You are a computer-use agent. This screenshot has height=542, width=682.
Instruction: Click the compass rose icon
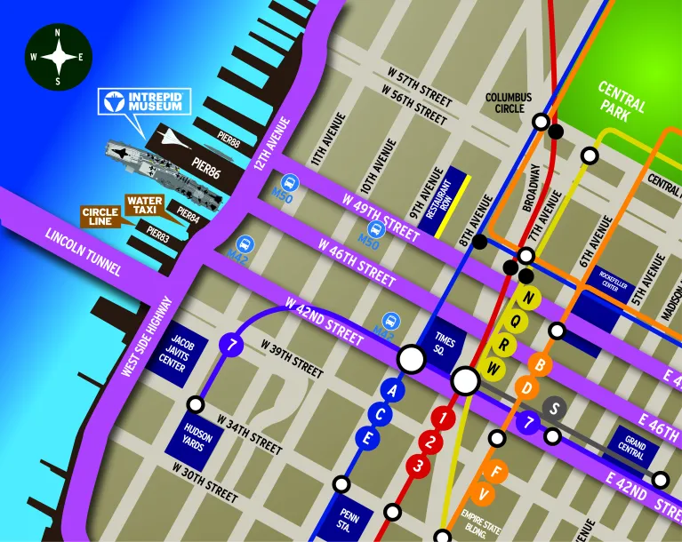(58, 58)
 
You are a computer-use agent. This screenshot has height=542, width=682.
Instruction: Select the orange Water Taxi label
(143, 205)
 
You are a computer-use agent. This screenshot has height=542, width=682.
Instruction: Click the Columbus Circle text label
(508, 102)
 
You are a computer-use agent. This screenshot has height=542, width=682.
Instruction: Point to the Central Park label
(621, 103)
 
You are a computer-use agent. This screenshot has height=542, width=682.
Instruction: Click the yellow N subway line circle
(530, 298)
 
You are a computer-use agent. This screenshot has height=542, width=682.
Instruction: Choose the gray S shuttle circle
(554, 408)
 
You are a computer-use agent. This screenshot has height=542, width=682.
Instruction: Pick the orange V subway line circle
(485, 494)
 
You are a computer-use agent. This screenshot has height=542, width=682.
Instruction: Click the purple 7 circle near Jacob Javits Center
(231, 345)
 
